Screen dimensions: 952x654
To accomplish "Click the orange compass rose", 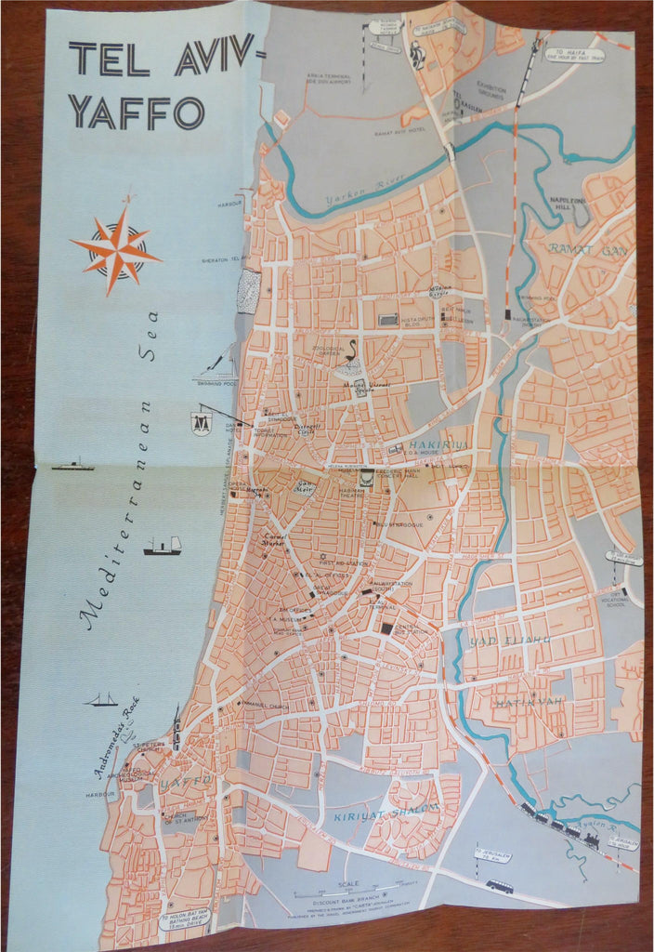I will pyautogui.click(x=116, y=250).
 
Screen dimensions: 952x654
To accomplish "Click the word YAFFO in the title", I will pyautogui.click(x=136, y=112).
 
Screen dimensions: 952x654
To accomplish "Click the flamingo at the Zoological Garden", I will pyautogui.click(x=353, y=354).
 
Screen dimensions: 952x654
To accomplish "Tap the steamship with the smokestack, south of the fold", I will pyautogui.click(x=162, y=546).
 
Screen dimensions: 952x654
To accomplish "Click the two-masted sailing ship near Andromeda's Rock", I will pyautogui.click(x=100, y=699).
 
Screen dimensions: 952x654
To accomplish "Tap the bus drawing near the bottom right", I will pyautogui.click(x=500, y=886).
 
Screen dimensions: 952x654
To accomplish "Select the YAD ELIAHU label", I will pyautogui.click(x=510, y=641).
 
